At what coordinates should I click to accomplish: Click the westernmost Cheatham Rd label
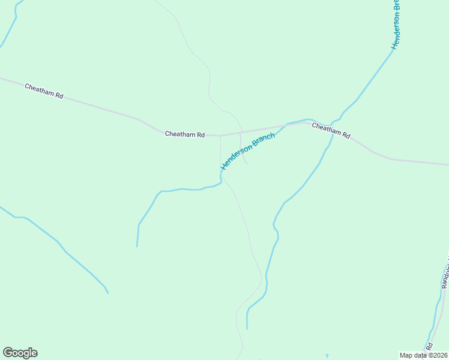[x=44, y=91]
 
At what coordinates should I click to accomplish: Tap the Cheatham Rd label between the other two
[x=185, y=134]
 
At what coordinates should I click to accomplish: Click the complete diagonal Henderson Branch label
[x=248, y=151]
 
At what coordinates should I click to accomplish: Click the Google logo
[x=20, y=353]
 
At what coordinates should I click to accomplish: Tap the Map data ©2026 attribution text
[x=423, y=355]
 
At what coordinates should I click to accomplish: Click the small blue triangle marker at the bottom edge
[x=327, y=356]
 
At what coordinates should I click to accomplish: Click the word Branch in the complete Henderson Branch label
[x=262, y=142]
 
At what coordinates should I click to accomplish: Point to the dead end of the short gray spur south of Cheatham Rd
[x=248, y=163]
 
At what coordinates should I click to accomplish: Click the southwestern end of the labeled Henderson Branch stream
[x=137, y=246]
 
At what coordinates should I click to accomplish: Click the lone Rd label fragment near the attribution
[x=429, y=347]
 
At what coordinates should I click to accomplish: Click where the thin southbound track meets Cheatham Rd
[x=220, y=136]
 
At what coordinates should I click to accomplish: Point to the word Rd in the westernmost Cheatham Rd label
[x=58, y=95]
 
